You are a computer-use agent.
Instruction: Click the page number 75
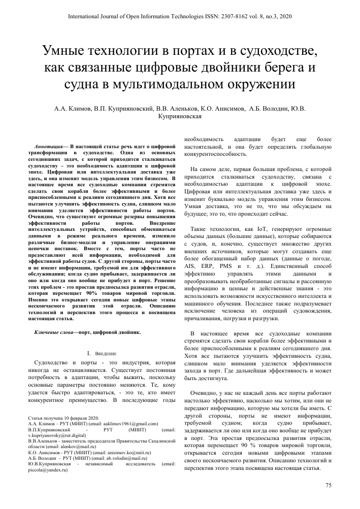click(x=328, y=486)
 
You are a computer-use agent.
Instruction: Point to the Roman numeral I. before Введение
click(x=88, y=353)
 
